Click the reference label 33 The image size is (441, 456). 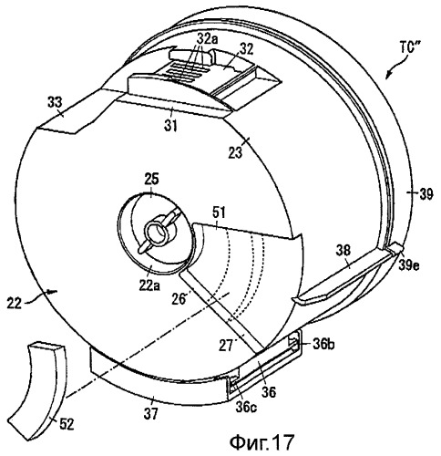pyautogui.click(x=55, y=102)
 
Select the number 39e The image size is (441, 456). pyautogui.click(x=408, y=265)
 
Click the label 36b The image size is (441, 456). pyautogui.click(x=323, y=345)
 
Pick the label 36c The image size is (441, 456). pyautogui.click(x=246, y=407)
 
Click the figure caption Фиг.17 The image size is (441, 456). pyautogui.click(x=262, y=442)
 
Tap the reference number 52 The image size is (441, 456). pyautogui.click(x=67, y=424)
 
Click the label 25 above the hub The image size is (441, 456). pyautogui.click(x=151, y=180)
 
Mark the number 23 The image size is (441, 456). pyautogui.click(x=235, y=152)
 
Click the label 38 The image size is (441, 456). pyautogui.click(x=344, y=251)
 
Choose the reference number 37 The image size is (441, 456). pyautogui.click(x=151, y=414)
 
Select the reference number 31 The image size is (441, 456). pyautogui.click(x=170, y=125)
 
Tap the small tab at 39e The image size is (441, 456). pyautogui.click(x=395, y=248)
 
